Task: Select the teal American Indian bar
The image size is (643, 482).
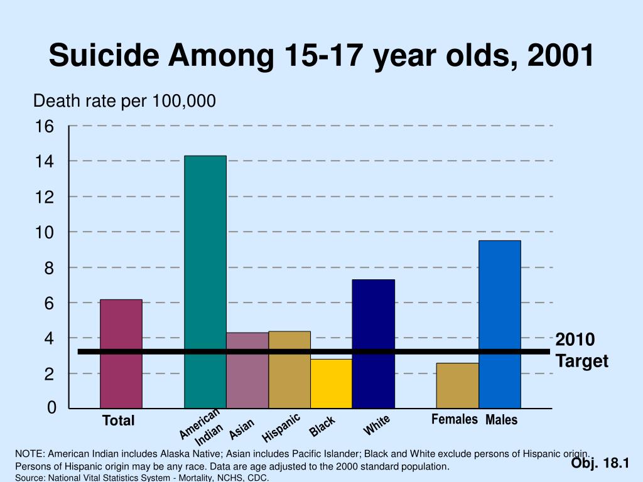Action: pyautogui.click(x=205, y=282)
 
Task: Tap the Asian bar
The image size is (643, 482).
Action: pyautogui.click(x=247, y=370)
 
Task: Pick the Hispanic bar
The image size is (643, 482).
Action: pyautogui.click(x=289, y=370)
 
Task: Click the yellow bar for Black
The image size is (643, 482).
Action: pyautogui.click(x=332, y=383)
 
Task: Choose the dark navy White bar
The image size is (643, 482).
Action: pyautogui.click(x=374, y=344)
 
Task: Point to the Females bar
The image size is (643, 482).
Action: pyautogui.click(x=458, y=385)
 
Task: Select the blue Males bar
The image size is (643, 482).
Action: pyautogui.click(x=500, y=324)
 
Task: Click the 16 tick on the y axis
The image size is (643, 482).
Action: pyautogui.click(x=45, y=127)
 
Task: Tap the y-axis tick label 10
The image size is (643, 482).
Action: pyautogui.click(x=45, y=233)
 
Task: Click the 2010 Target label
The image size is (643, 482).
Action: pyautogui.click(x=581, y=350)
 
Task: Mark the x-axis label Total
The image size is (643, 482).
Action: pyautogui.click(x=119, y=421)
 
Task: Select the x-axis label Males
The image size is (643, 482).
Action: pyautogui.click(x=501, y=420)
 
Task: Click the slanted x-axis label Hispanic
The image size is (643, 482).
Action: pyautogui.click(x=281, y=427)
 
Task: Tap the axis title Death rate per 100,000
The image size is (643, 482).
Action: pyautogui.click(x=124, y=100)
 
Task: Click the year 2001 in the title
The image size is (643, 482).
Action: pyautogui.click(x=561, y=56)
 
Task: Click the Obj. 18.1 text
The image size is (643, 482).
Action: pyautogui.click(x=600, y=463)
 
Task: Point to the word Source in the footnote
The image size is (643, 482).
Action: pyautogui.click(x=28, y=478)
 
